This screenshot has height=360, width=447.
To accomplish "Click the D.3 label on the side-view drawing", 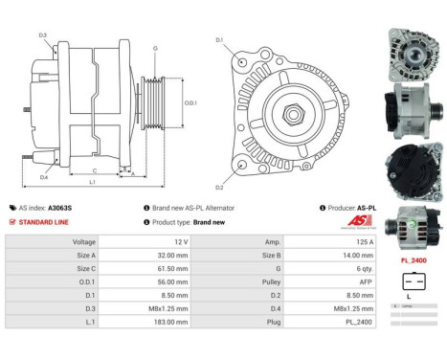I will point(43,35).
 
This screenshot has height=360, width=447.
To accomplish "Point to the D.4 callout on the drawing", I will point(44,177).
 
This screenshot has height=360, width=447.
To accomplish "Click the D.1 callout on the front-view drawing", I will point(219,40).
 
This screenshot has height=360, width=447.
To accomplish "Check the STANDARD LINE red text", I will point(44,221).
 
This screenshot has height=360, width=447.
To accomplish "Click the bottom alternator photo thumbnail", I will point(413,227).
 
